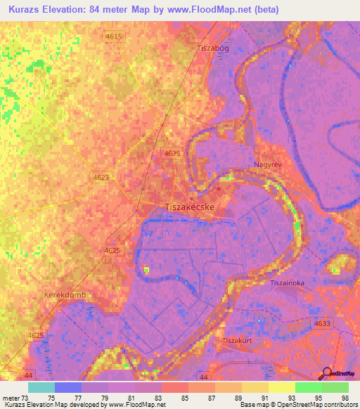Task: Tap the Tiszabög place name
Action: [213, 48]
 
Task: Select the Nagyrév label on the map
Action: [267, 165]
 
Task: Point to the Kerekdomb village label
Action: [65, 295]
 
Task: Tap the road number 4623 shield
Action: [101, 178]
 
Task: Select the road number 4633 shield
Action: [322, 323]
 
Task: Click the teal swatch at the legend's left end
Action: [41, 387]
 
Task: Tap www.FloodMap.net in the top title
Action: [215, 10]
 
